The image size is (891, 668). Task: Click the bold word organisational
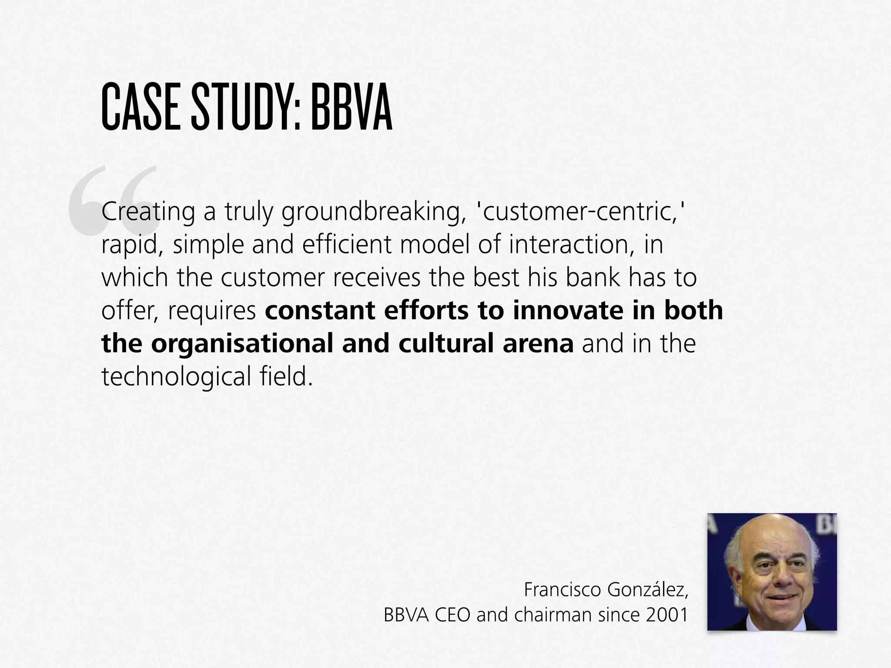tap(243, 344)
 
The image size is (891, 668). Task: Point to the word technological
tap(177, 377)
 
